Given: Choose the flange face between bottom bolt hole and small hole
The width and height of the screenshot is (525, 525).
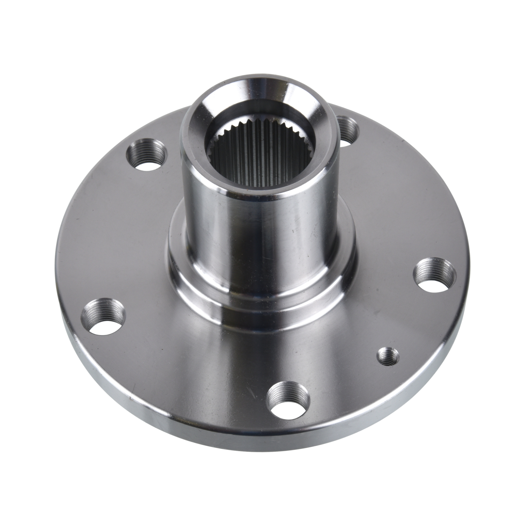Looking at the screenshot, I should tap(339, 385).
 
